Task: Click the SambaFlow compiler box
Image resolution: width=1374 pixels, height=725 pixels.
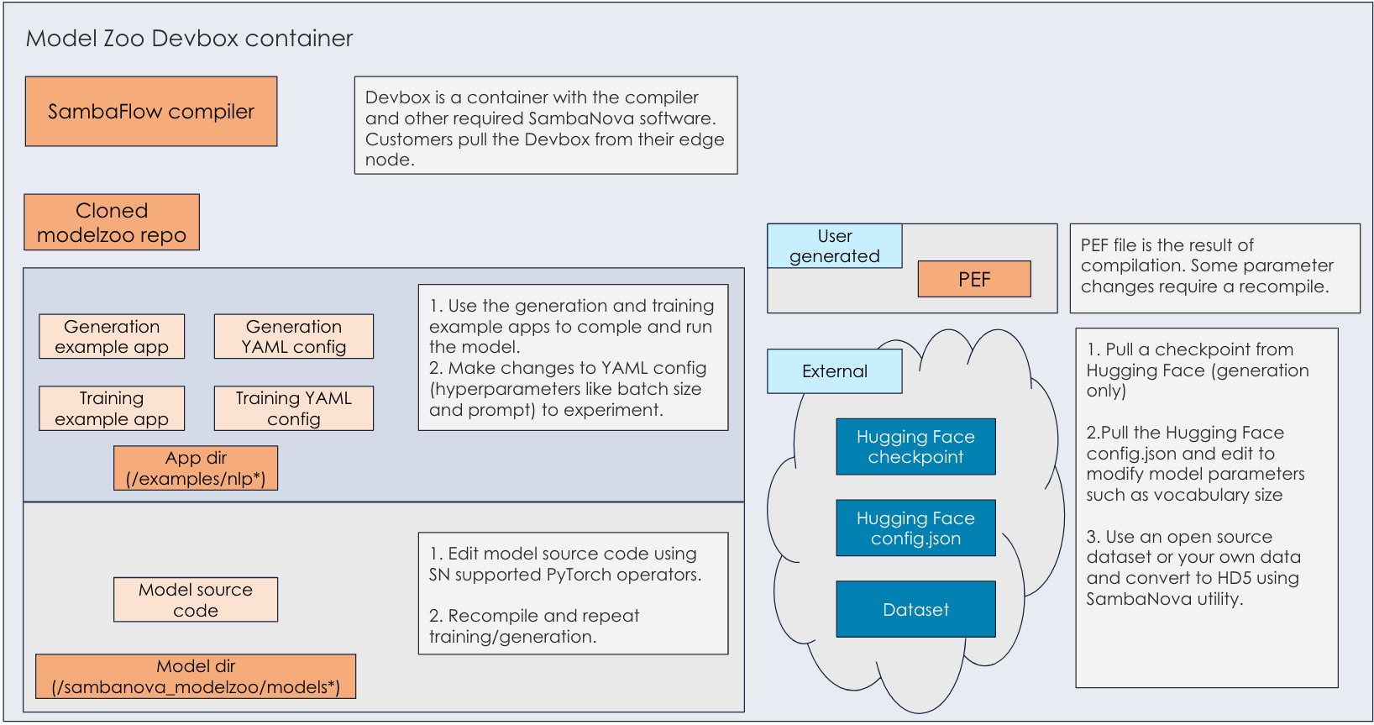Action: click(151, 112)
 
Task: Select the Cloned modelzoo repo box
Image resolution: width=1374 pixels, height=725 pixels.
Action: click(112, 223)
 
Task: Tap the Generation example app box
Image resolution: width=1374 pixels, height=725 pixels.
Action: click(112, 337)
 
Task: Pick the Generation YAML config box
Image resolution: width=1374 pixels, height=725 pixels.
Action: click(294, 337)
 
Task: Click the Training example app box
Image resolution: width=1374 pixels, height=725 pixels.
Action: click(112, 408)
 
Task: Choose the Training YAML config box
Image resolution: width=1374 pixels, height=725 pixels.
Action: click(294, 408)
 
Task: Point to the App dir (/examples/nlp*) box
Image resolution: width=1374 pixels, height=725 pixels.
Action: click(196, 468)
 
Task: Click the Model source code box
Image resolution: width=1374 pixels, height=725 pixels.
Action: click(196, 600)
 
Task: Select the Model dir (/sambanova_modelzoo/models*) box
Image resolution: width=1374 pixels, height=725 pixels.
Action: click(196, 676)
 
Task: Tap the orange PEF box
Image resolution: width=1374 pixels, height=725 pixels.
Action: click(974, 279)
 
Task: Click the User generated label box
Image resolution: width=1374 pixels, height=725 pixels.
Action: click(835, 246)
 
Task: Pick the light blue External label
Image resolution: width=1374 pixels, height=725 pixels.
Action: click(835, 371)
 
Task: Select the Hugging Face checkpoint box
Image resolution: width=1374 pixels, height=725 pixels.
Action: click(915, 447)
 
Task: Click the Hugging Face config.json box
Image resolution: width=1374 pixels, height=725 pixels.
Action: click(915, 528)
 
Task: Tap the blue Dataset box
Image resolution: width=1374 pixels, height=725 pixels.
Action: click(915, 610)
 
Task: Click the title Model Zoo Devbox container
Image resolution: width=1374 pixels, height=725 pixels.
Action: click(189, 39)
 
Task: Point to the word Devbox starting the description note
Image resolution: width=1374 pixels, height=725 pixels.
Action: click(396, 97)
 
